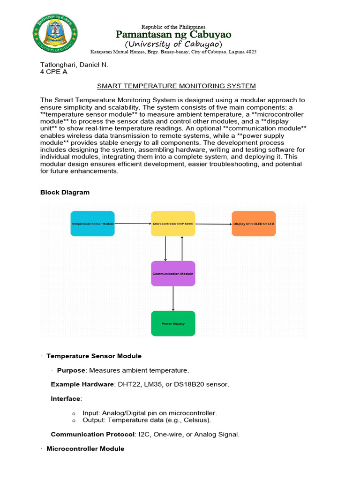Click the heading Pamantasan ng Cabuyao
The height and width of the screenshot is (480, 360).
tap(173, 35)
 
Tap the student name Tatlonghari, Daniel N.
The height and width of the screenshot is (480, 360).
tap(74, 65)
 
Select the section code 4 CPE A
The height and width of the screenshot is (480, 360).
tap(54, 72)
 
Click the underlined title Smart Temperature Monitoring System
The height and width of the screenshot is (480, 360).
tap(176, 86)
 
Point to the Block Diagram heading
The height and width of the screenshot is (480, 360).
tap(65, 192)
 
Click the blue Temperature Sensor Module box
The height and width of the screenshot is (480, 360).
tap(92, 224)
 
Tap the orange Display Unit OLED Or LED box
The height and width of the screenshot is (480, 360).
tap(254, 224)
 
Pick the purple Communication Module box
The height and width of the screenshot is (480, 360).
tap(173, 273)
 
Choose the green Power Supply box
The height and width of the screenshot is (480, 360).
tap(173, 323)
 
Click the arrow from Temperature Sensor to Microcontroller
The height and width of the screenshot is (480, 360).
tap(133, 224)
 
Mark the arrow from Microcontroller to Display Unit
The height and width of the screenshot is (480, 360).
tap(213, 224)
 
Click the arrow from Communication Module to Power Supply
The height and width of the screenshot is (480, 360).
tap(173, 298)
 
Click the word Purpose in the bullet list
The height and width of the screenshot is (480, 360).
tap(71, 370)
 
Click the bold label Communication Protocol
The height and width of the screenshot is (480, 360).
tap(93, 434)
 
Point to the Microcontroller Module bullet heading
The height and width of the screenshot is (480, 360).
tap(85, 449)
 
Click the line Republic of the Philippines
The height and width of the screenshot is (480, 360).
tap(173, 27)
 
